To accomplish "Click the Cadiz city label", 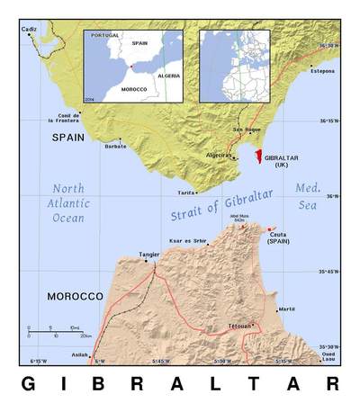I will (x=30, y=29).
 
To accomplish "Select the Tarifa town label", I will (x=186, y=193).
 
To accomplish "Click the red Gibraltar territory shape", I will (x=258, y=157).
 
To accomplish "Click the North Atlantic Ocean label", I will (x=67, y=203).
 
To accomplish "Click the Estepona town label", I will (x=322, y=70).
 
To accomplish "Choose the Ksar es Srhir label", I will (x=187, y=241).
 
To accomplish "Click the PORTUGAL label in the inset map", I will (x=105, y=35).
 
